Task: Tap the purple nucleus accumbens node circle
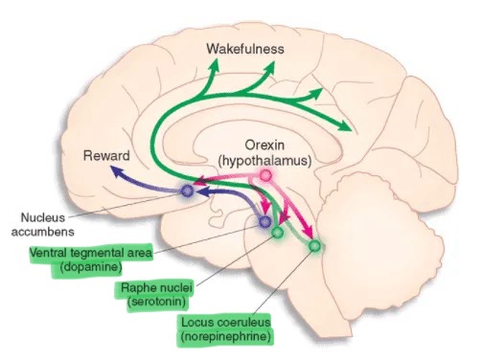coord(187,191)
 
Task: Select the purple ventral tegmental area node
coord(265,222)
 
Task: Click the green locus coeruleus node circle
coord(315,246)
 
